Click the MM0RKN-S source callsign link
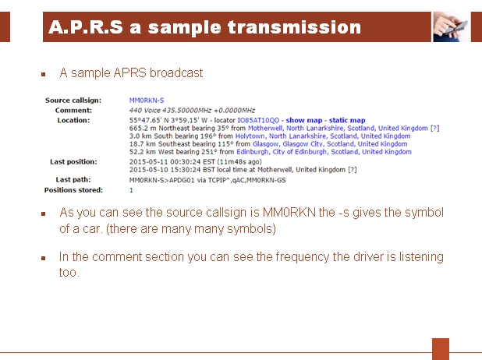[x=147, y=101]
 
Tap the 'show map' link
[x=304, y=120]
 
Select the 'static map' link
[x=347, y=120]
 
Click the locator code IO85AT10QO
[x=258, y=120]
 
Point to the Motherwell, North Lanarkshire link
[x=338, y=128]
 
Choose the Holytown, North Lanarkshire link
[x=323, y=136]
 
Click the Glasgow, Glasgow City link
[x=330, y=143]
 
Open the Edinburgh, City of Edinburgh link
[x=324, y=152]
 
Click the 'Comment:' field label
[x=73, y=111]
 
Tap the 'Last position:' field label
[x=73, y=162]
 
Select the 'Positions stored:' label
[x=73, y=190]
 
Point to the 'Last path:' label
[x=73, y=180]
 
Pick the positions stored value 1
[x=131, y=190]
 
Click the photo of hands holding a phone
[x=451, y=26]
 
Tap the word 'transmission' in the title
[x=294, y=27]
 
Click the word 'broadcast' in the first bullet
[x=176, y=73]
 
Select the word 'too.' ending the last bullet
[x=69, y=273]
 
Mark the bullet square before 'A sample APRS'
[x=44, y=74]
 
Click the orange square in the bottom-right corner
[x=441, y=349]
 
